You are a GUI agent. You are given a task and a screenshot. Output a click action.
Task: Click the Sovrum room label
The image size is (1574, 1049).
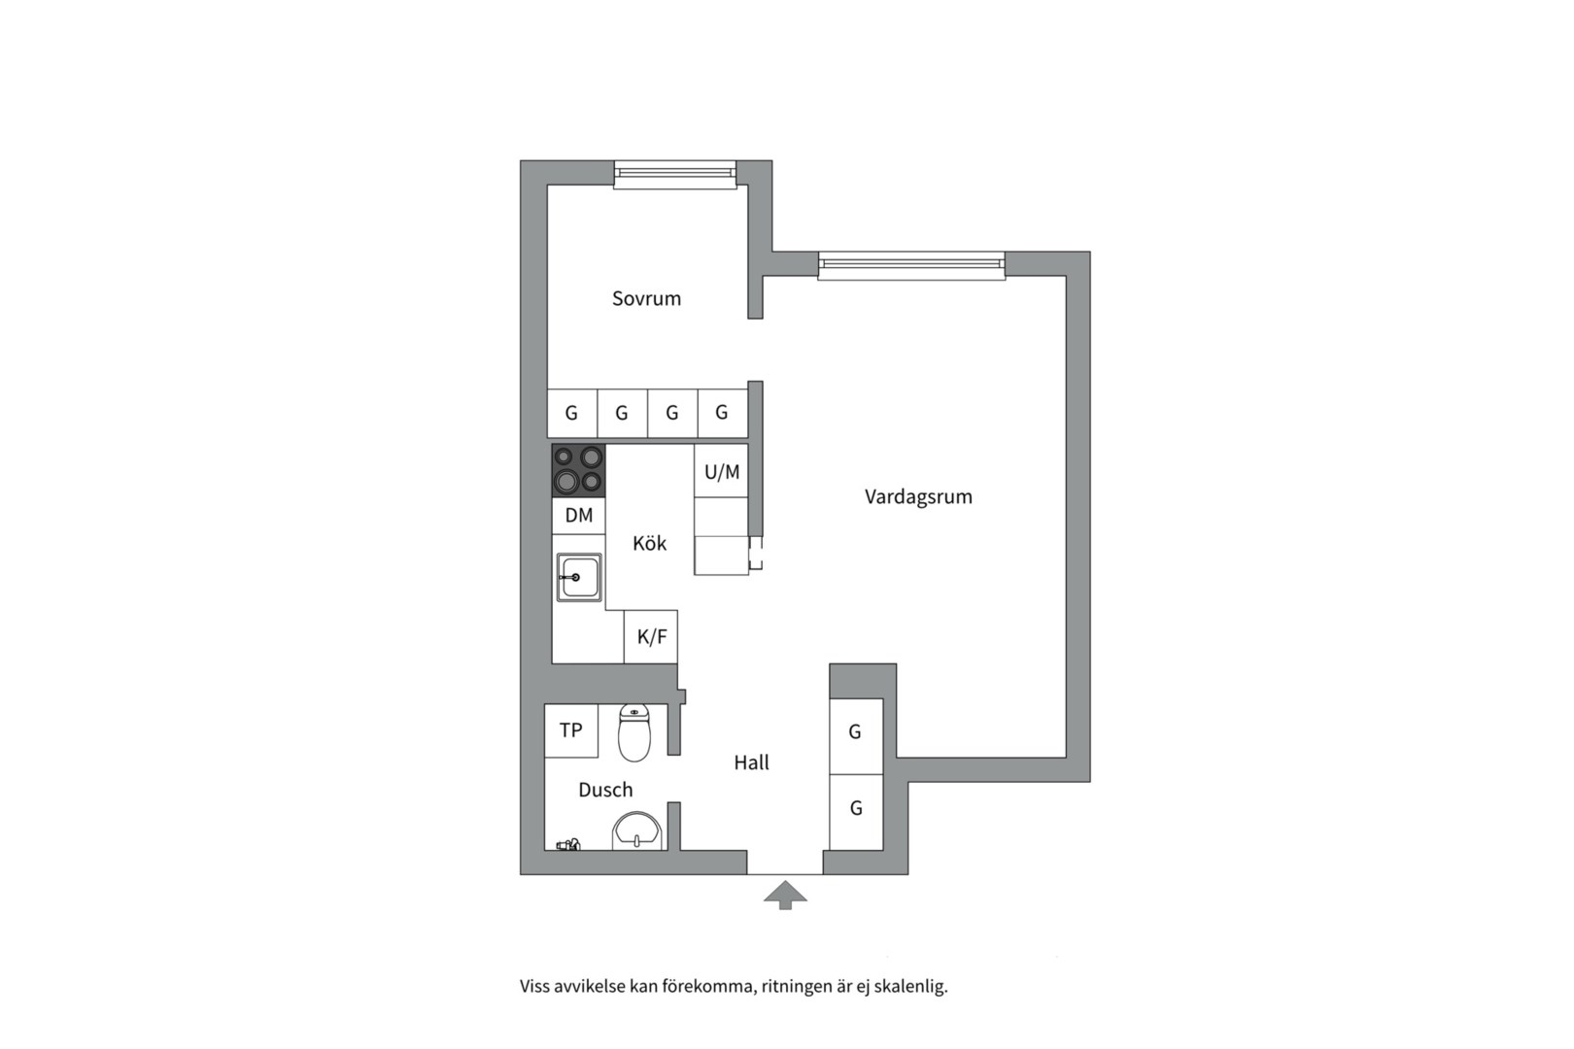click(x=646, y=298)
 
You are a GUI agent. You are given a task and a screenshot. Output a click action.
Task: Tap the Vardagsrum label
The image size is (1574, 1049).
click(x=918, y=496)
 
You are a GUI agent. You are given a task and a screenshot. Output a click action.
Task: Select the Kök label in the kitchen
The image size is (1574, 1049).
click(x=649, y=543)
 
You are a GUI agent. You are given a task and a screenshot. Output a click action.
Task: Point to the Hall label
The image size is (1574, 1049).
click(x=751, y=762)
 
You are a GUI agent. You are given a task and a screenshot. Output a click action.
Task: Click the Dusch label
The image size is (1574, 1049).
click(x=605, y=790)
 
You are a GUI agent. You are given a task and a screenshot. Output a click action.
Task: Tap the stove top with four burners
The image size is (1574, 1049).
click(x=578, y=470)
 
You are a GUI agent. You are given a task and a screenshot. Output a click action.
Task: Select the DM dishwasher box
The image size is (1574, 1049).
click(x=578, y=516)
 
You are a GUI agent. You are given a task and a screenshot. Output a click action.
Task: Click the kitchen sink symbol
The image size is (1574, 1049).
click(x=578, y=577)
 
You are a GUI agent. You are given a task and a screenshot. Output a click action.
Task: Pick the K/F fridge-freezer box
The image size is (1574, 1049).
click(x=651, y=637)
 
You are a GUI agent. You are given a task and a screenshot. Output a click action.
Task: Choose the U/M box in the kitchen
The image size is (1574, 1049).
click(x=721, y=472)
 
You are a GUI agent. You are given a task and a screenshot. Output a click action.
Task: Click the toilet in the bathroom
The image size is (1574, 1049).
click(x=634, y=733)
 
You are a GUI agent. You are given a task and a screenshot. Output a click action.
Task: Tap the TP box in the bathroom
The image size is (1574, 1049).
click(x=570, y=730)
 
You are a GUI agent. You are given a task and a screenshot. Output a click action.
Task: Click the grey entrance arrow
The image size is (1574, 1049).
click(x=785, y=895)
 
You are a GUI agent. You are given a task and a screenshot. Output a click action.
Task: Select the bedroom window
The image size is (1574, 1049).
click(x=675, y=174)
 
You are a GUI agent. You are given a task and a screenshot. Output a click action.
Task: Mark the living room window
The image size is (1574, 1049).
click(x=910, y=265)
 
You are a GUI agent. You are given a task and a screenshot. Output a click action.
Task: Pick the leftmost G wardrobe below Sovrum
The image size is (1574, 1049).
click(x=571, y=413)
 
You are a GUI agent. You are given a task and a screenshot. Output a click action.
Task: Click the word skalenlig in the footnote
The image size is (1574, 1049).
click(x=910, y=987)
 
